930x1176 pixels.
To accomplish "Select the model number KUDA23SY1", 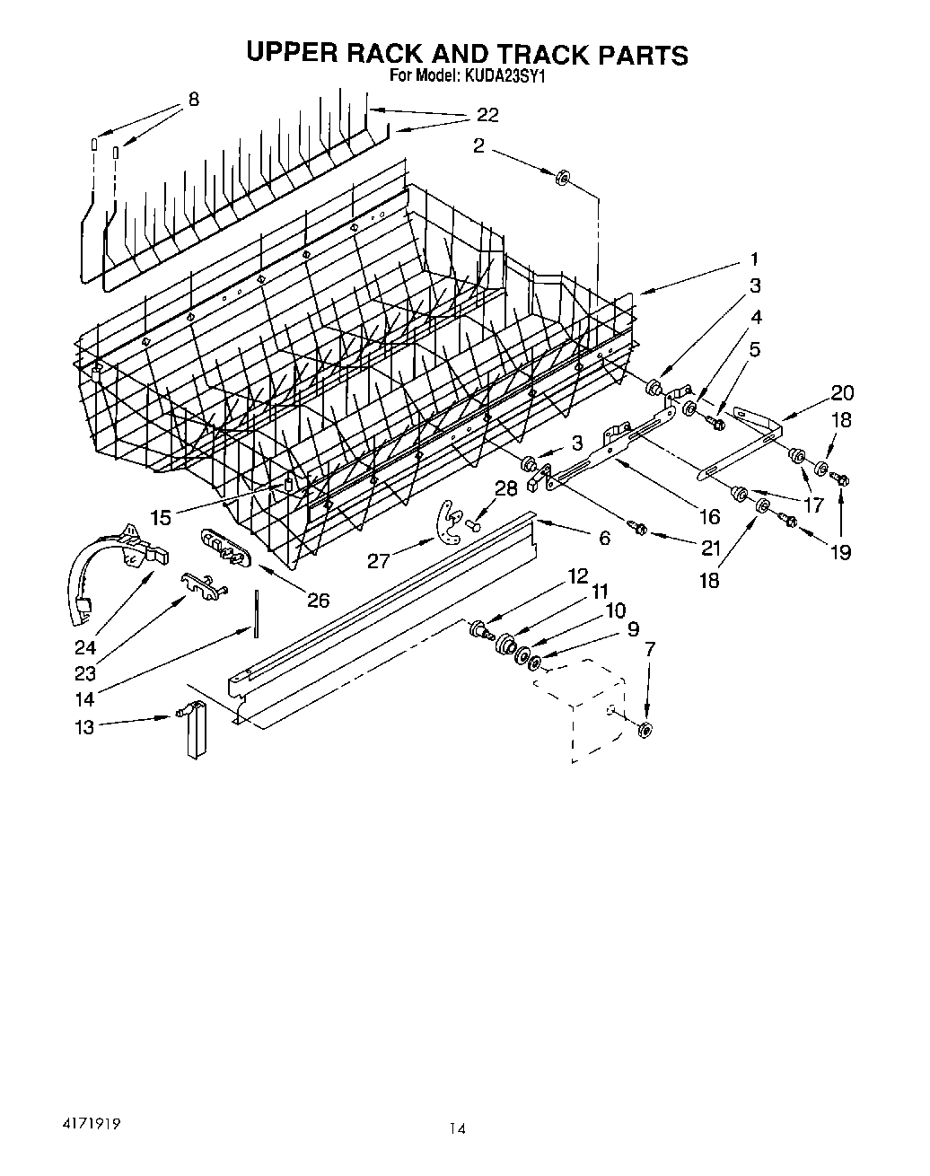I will (504, 77).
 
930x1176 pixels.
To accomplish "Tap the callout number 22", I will (487, 115).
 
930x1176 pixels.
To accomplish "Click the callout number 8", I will (193, 100).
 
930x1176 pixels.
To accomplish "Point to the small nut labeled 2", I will (563, 178).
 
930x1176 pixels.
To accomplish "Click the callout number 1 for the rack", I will (754, 259).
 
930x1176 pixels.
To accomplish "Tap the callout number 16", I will (709, 516).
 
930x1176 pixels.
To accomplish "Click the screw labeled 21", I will (639, 529).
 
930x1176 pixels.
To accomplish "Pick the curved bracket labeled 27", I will (444, 523).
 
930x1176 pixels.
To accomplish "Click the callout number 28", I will (506, 488).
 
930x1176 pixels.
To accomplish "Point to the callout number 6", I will (604, 538).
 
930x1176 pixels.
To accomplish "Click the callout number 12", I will (576, 575).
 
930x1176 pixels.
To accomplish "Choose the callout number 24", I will (86, 647).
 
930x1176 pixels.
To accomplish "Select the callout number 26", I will (318, 601).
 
